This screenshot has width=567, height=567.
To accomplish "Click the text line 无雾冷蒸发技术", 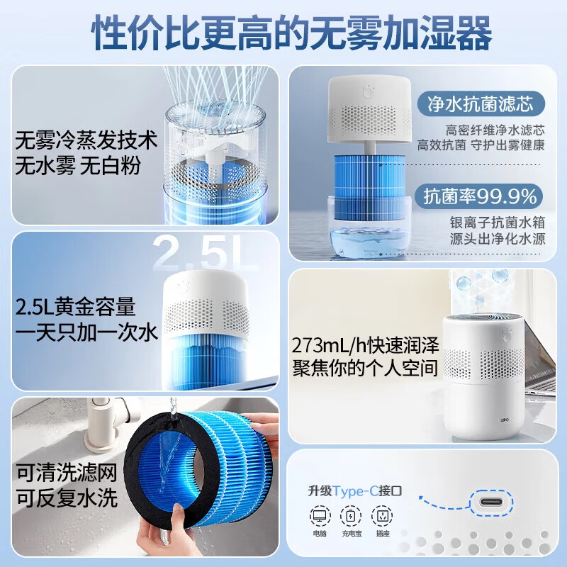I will (x=86, y=139).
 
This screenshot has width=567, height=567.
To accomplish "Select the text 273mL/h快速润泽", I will (x=366, y=346).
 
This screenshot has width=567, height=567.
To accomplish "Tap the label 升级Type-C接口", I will (x=364, y=490).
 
